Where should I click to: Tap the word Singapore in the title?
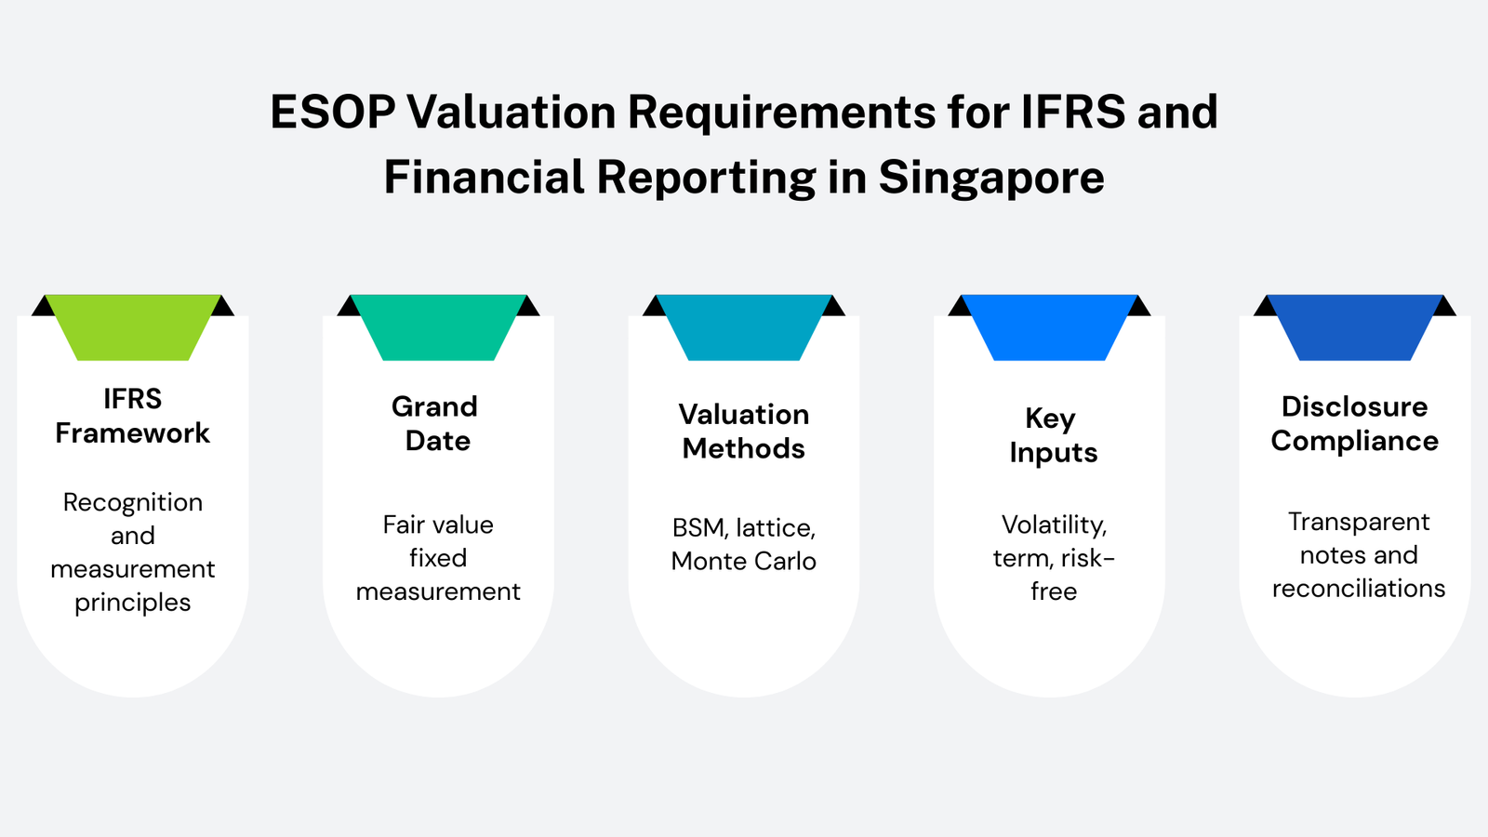991,178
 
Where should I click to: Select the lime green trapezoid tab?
132,326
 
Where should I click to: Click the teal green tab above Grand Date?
438,326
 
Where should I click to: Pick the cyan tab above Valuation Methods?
743,326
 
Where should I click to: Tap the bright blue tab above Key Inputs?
1049,326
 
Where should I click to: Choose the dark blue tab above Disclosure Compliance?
1354,326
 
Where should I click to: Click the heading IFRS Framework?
132,416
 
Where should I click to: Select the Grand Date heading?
436,423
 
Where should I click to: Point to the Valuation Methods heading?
743,432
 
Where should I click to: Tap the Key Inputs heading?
1052,435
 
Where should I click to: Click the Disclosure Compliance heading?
1354,423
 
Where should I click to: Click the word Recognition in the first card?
132,502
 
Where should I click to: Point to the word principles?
132,603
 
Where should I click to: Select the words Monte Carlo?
743,562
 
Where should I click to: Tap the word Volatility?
1054,525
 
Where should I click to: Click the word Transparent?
1358,522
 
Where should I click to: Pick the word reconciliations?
1358,589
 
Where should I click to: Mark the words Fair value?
438,525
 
